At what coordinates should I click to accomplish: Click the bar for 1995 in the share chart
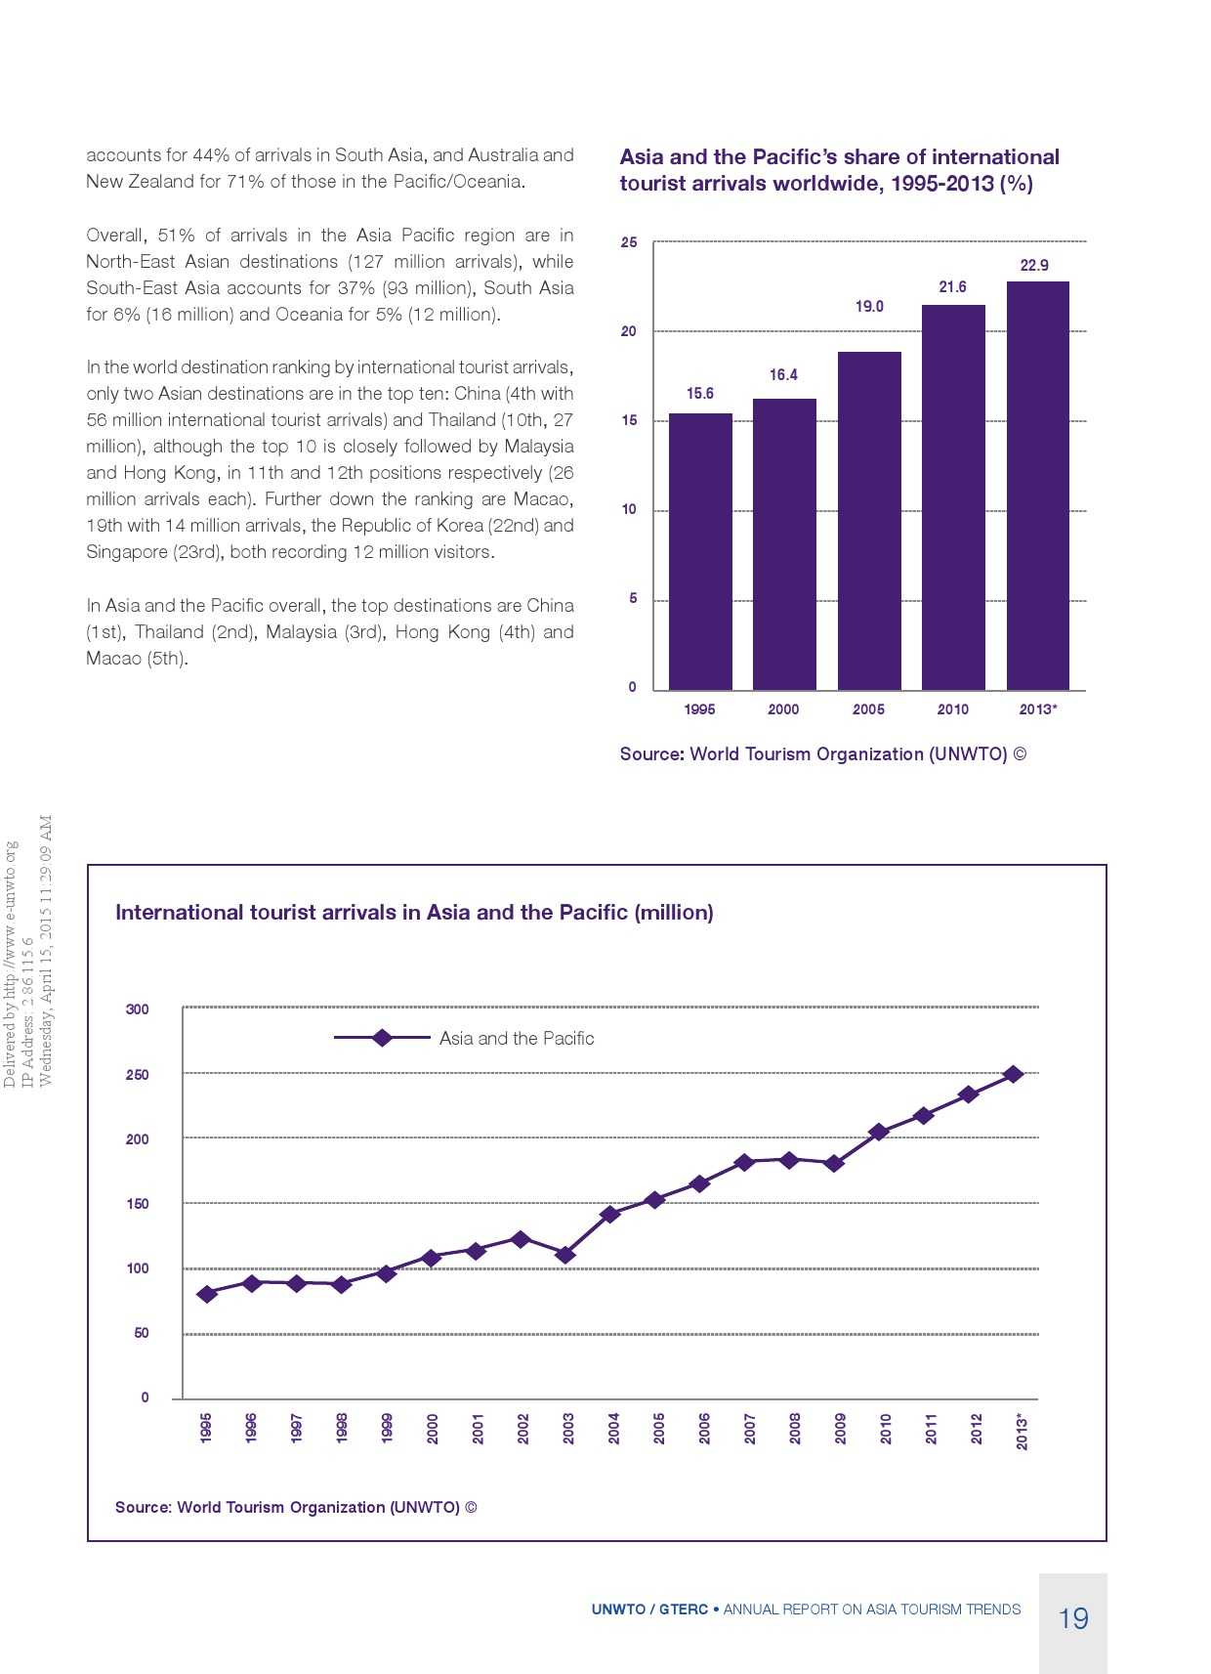[x=700, y=551]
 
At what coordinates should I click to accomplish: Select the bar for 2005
[x=869, y=521]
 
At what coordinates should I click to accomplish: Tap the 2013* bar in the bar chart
[x=1037, y=486]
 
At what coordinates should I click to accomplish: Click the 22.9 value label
[x=1034, y=265]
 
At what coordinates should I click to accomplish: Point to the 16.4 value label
[x=783, y=374]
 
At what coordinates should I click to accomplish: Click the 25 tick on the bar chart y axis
[x=629, y=242]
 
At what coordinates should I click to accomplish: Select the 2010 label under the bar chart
[x=952, y=709]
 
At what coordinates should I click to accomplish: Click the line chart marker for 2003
[x=564, y=1254]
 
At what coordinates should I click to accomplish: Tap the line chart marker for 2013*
[x=1014, y=1074]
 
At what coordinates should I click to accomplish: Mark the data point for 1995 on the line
[x=206, y=1294]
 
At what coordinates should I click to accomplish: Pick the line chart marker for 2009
[x=834, y=1163]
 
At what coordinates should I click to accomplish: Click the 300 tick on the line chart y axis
[x=138, y=1009]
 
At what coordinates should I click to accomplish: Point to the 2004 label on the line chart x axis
[x=613, y=1428]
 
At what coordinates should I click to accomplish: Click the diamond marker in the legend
[x=383, y=1038]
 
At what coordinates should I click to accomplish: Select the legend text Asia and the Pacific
[x=516, y=1038]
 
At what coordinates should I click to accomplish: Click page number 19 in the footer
[x=1073, y=1618]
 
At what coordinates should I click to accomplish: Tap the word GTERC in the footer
[x=683, y=1610]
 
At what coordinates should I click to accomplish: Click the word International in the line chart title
[x=179, y=913]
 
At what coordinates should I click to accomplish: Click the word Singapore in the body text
[x=127, y=552]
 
